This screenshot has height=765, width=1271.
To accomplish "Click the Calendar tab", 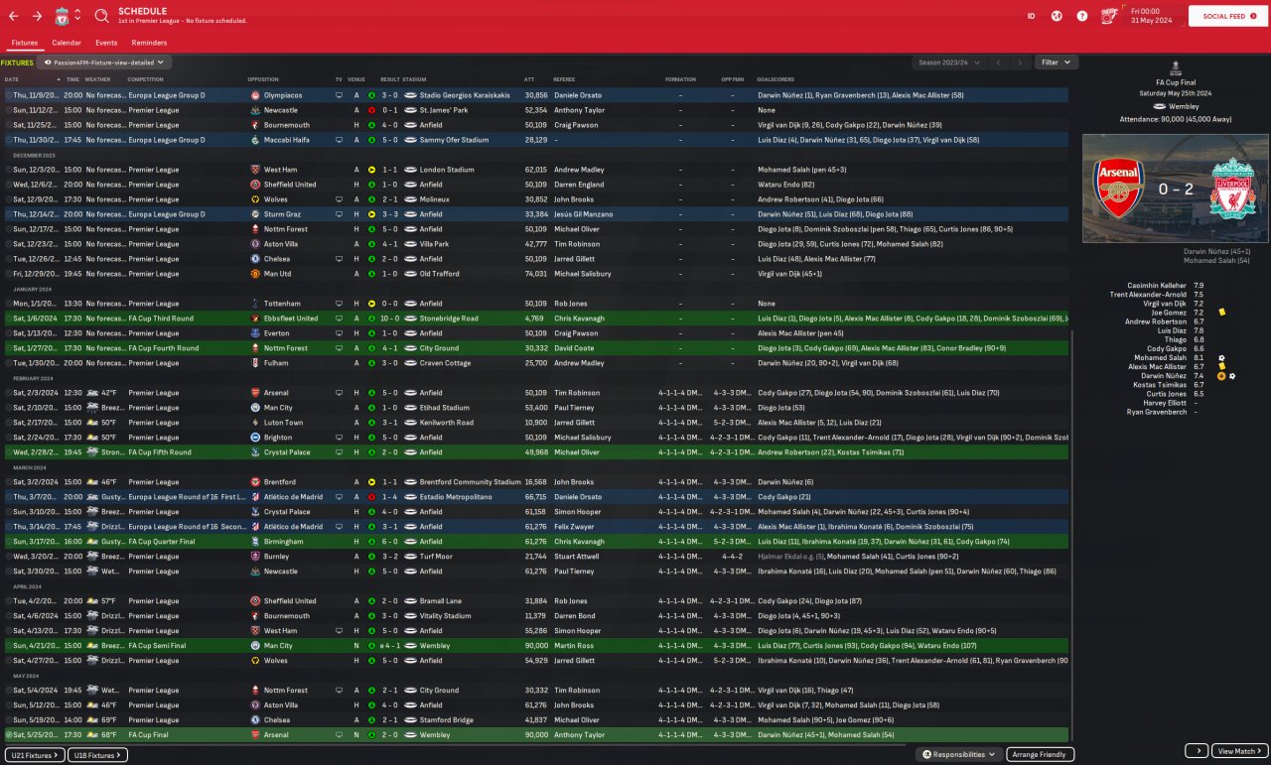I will pyautogui.click(x=67, y=43).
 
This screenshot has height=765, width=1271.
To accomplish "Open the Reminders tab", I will pyautogui.click(x=149, y=43).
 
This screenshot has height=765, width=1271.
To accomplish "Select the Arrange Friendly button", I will pyautogui.click(x=1040, y=755).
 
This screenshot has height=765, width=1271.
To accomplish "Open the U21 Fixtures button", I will pyautogui.click(x=35, y=755).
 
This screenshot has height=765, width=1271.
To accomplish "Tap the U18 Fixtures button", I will pyautogui.click(x=99, y=755).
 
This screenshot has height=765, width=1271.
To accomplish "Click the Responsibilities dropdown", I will pyautogui.click(x=959, y=755).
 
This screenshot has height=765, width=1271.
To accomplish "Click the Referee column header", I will pyautogui.click(x=564, y=79).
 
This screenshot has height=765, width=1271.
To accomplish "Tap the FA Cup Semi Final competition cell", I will pyautogui.click(x=163, y=646).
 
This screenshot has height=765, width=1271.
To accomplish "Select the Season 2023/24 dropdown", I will pyautogui.click(x=948, y=63).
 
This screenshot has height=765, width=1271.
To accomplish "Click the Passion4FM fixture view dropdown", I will pyautogui.click(x=106, y=63).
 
